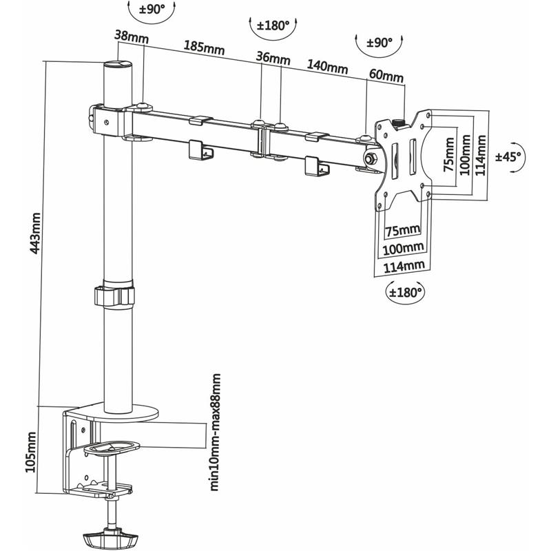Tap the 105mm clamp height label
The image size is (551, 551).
click(x=30, y=452)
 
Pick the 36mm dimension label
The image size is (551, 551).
click(x=273, y=58)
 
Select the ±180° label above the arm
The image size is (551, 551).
click(x=272, y=26)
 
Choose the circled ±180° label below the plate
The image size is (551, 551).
click(x=405, y=292)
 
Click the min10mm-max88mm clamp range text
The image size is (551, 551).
click(x=216, y=432)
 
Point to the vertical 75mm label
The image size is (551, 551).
click(x=448, y=156)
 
